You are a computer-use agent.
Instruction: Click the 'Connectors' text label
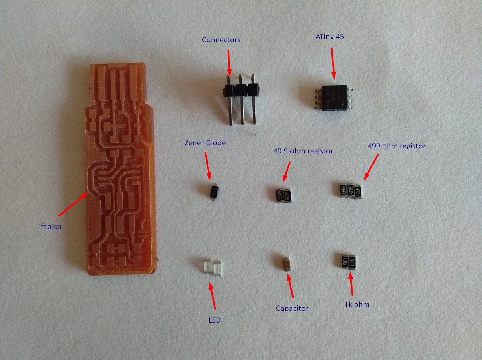pyautogui.click(x=221, y=40)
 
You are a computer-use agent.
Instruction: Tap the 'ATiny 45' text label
pyautogui.click(x=330, y=37)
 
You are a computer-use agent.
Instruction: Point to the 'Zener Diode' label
pyautogui.click(x=205, y=143)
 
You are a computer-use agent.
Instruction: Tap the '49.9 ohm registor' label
pyautogui.click(x=303, y=151)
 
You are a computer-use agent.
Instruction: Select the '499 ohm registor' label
pyautogui.click(x=396, y=146)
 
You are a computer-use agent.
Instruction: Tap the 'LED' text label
pyautogui.click(x=214, y=320)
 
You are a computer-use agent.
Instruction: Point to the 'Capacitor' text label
pyautogui.click(x=292, y=308)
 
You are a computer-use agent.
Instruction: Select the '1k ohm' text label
pyautogui.click(x=357, y=304)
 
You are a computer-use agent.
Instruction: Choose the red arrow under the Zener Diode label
pyautogui.click(x=208, y=166)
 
